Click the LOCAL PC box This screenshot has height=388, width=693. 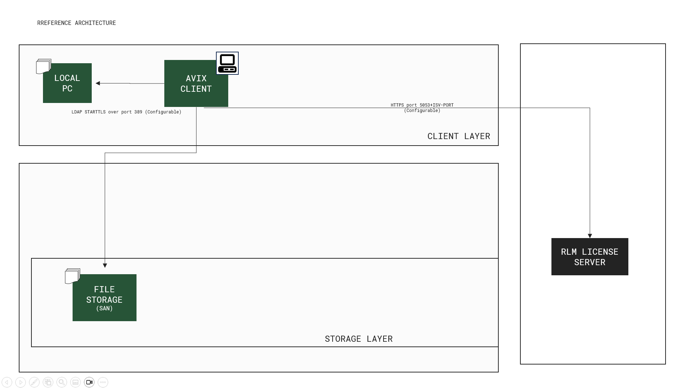(x=67, y=83)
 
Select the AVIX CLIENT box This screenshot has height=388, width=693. (x=196, y=84)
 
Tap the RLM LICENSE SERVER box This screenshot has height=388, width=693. (x=589, y=257)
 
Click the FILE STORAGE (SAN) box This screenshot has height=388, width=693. (x=104, y=298)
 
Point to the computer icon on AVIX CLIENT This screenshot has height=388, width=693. (x=227, y=63)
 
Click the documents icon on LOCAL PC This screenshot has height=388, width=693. (x=43, y=66)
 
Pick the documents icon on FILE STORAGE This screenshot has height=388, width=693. (x=72, y=276)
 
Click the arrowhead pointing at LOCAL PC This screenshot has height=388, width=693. (x=98, y=83)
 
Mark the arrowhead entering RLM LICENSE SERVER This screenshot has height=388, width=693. (x=590, y=236)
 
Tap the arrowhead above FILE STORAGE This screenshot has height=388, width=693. (x=105, y=266)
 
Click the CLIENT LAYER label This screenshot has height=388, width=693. (x=459, y=136)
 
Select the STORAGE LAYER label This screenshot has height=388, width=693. (x=359, y=339)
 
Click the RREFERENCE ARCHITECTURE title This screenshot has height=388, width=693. (x=77, y=23)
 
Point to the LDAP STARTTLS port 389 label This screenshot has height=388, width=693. (x=126, y=112)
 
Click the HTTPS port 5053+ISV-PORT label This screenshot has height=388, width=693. (x=422, y=108)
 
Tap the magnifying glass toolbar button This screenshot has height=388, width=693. (x=62, y=382)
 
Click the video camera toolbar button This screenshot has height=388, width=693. (x=89, y=382)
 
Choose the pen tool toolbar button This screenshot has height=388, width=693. (x=34, y=382)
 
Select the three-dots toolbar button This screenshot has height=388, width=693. (x=103, y=382)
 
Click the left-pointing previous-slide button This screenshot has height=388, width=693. (x=7, y=382)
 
